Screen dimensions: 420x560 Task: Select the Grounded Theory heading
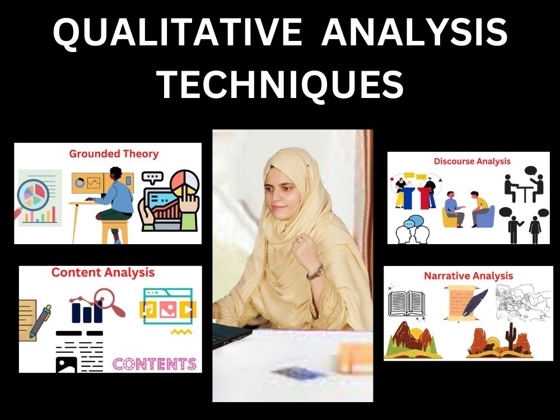tap(114, 153)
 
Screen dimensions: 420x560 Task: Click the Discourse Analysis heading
tap(472, 161)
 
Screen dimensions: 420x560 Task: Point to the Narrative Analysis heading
tap(468, 276)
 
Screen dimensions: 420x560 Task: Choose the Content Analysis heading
tap(103, 273)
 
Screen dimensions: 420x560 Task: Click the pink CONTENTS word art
tap(155, 364)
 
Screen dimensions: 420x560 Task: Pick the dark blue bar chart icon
tap(86, 311)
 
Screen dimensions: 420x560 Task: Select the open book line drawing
tap(407, 303)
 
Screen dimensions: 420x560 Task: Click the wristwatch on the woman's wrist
tap(315, 272)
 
